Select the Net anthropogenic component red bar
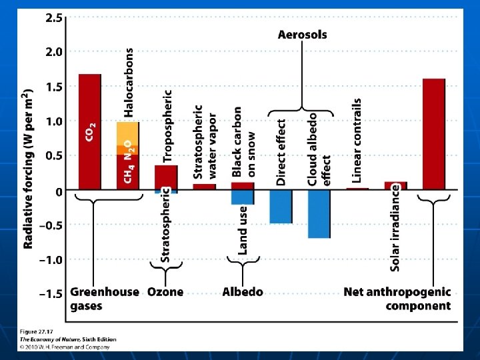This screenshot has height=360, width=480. pos(433,134)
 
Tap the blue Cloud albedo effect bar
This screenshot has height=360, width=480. pos(319,214)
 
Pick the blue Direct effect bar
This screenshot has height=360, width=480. pos(281,207)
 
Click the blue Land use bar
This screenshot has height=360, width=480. pos(243,197)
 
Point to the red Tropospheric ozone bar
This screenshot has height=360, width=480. pos(166,177)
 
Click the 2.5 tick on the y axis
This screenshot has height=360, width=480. pos(54,19)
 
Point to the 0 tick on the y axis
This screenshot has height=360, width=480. pos(59,191)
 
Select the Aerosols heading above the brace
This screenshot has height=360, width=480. pos(302,34)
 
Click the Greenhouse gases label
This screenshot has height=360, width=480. pos(104,299)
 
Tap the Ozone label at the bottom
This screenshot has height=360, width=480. pos(165,292)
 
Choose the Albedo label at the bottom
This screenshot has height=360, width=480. pos(243,292)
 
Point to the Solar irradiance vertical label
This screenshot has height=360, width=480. pos(395,227)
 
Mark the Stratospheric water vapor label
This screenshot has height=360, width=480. pos(204,141)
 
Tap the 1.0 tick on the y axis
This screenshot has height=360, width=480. pos(54,121)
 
